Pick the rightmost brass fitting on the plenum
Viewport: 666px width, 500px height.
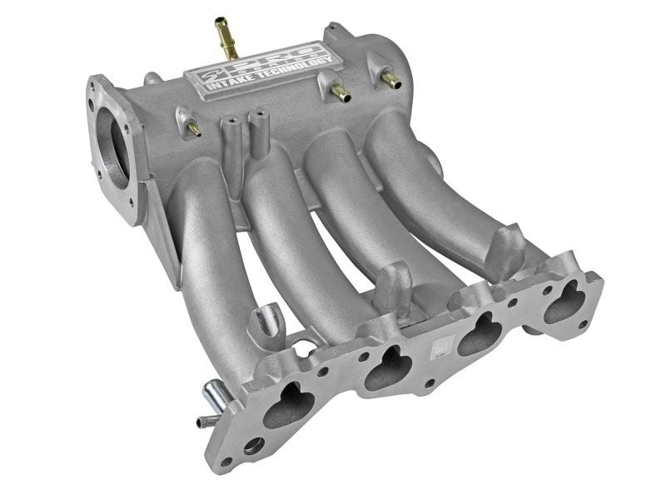pyautogui.click(x=389, y=80)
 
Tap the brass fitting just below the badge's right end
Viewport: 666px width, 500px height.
pyautogui.click(x=339, y=93)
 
